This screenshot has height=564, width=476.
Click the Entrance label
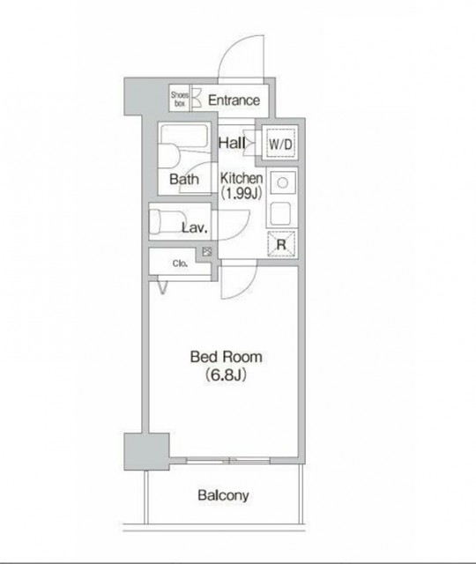tap(234, 100)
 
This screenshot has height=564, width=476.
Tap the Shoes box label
tap(180, 100)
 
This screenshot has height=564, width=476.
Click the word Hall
tap(232, 143)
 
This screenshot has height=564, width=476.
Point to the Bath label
tap(184, 179)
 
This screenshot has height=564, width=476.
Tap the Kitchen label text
tap(242, 178)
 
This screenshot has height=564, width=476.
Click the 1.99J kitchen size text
tap(241, 194)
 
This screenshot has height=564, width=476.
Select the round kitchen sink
tap(283, 182)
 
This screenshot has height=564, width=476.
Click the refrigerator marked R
tap(281, 244)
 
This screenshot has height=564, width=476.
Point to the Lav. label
tap(195, 227)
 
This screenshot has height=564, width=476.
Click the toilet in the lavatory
tap(167, 221)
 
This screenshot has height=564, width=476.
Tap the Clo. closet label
tap(180, 263)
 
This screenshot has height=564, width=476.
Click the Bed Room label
tap(226, 357)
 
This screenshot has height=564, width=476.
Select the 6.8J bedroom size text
tap(226, 375)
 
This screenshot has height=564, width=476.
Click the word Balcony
tap(223, 495)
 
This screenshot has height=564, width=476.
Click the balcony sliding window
tap(228, 460)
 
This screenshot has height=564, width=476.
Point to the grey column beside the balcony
tap(146, 451)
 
